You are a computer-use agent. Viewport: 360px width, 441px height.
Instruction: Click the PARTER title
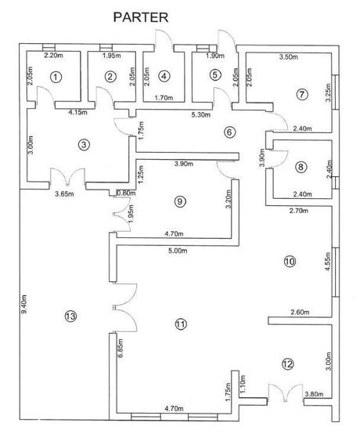pyautogui.click(x=141, y=17)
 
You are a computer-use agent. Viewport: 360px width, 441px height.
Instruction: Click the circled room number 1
pyautogui.click(x=56, y=77)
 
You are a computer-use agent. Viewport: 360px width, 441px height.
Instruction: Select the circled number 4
pyautogui.click(x=164, y=76)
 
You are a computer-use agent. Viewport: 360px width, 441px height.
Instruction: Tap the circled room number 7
pyautogui.click(x=302, y=94)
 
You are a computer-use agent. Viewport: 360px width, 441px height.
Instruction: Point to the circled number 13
pyautogui.click(x=70, y=316)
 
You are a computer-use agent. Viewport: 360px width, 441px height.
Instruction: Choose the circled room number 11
pyautogui.click(x=181, y=324)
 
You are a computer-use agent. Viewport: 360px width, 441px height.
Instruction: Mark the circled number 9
pyautogui.click(x=180, y=201)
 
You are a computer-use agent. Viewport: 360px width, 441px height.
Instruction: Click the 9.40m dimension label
pyautogui.click(x=24, y=304)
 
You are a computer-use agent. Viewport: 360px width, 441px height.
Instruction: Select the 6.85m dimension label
pyautogui.click(x=121, y=348)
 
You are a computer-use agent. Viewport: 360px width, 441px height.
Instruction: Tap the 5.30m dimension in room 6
pyautogui.click(x=201, y=114)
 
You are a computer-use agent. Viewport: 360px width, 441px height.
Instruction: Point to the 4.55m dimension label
pyautogui.click(x=328, y=262)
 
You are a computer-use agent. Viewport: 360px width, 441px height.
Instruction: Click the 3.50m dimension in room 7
pyautogui.click(x=289, y=57)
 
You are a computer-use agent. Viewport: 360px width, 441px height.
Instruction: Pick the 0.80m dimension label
pyautogui.click(x=126, y=193)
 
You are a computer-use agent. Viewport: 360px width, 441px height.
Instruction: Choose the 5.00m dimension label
pyautogui.click(x=178, y=251)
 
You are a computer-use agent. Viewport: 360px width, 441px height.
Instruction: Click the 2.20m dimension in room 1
pyautogui.click(x=53, y=55)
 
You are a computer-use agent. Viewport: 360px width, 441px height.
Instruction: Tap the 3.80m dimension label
pyautogui.click(x=314, y=394)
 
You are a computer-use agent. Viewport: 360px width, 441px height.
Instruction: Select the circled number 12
pyautogui.click(x=287, y=364)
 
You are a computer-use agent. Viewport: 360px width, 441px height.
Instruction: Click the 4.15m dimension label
pyautogui.click(x=77, y=113)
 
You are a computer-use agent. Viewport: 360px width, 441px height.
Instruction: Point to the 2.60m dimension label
pyautogui.click(x=300, y=312)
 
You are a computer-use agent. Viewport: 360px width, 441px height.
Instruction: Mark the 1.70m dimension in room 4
pyautogui.click(x=164, y=98)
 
